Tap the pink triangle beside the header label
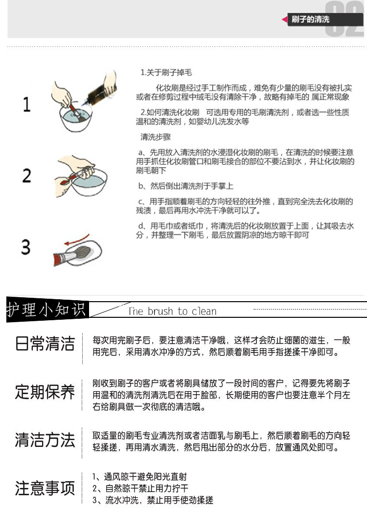click(x=284, y=20)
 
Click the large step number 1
click(x=26, y=105)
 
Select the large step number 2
click(x=26, y=176)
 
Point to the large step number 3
click(x=26, y=247)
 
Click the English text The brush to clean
click(x=172, y=311)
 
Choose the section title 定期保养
click(x=45, y=392)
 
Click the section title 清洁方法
click(x=45, y=440)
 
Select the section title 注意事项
click(x=45, y=488)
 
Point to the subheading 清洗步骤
click(x=156, y=137)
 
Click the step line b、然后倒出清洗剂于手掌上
click(x=186, y=186)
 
